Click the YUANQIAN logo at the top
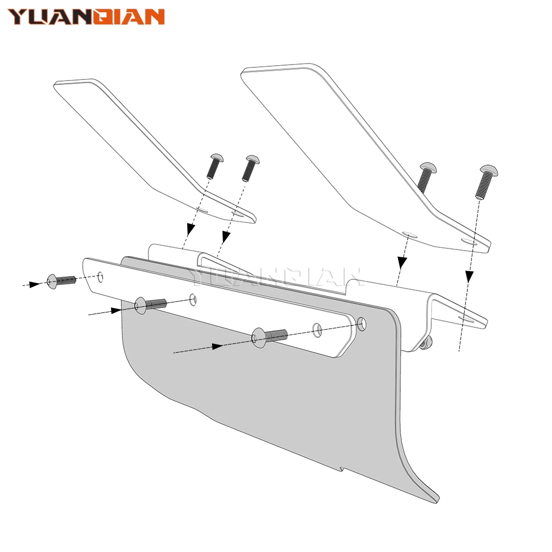86,17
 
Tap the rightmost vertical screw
485,182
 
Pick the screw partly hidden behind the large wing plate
426,177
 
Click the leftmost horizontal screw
61,281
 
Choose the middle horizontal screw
150,305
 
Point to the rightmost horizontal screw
269,337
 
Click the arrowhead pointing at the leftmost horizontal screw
35,284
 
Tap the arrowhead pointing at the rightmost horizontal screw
217,347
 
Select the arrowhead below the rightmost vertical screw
469,277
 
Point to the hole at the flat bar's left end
100,277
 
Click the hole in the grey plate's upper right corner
362,323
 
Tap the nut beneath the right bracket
425,343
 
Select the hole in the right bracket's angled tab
466,319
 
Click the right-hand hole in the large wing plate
469,242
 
